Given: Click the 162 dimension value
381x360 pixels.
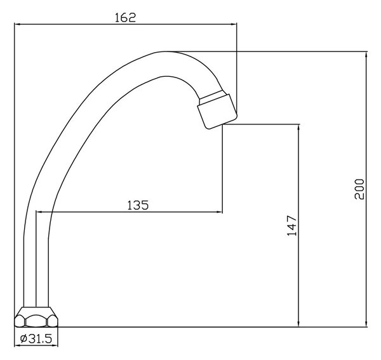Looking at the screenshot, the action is [x=125, y=18].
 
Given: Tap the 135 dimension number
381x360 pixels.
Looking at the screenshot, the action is [x=138, y=205].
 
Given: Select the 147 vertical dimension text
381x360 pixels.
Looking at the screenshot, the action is [x=292, y=225].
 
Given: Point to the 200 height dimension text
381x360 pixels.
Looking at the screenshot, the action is [x=359, y=189].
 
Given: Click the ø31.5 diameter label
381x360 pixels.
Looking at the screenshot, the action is [x=36, y=338].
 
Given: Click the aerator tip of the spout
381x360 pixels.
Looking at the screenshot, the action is [x=217, y=112].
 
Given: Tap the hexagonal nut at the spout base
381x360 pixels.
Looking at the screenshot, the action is [x=36, y=317].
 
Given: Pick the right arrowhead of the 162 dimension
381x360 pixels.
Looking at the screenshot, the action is [x=234, y=24].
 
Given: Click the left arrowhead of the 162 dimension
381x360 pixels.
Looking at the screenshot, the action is [x=18, y=24].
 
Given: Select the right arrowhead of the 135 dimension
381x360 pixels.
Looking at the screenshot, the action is [x=220, y=212].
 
